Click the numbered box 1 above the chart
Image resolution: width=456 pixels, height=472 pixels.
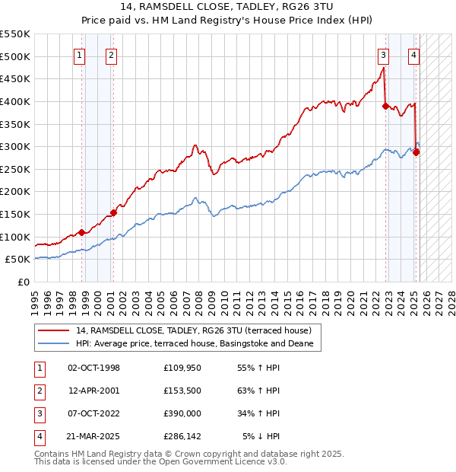[x=80, y=55]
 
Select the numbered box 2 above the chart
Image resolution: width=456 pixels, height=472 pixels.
[x=111, y=55]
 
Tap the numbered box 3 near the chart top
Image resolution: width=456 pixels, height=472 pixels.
[x=383, y=55]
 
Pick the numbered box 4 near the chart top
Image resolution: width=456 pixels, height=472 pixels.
[x=413, y=55]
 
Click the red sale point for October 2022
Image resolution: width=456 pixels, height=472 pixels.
[x=385, y=106]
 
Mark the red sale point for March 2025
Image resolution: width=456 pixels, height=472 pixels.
[x=416, y=152]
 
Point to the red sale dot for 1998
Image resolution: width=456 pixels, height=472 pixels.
[x=81, y=232]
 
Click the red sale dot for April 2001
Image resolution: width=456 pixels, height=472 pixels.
[x=113, y=212]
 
